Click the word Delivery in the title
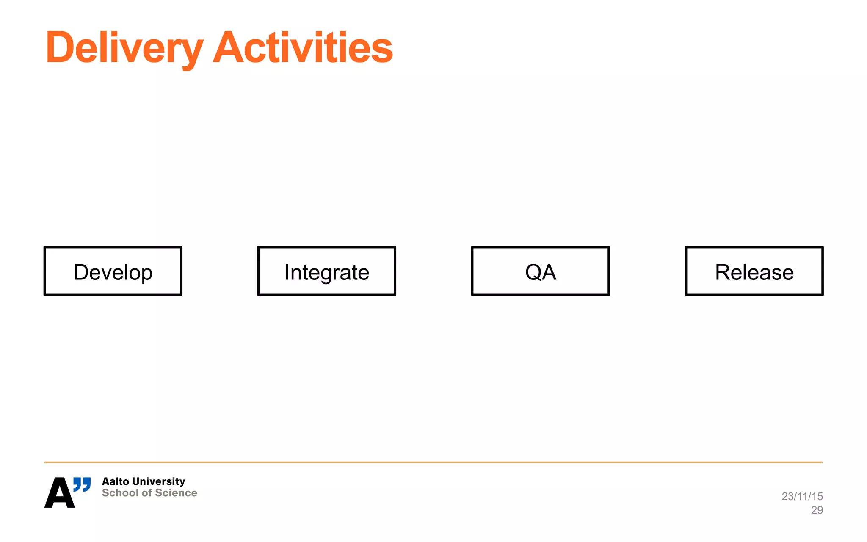(124, 47)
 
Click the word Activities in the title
(303, 47)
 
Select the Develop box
(113, 271)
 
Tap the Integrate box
(326, 271)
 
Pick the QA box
(540, 271)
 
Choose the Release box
(754, 271)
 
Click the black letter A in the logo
(60, 493)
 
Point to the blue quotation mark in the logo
(82, 484)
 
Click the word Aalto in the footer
(115, 481)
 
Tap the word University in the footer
(158, 481)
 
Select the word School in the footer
(120, 493)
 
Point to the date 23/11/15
(802, 496)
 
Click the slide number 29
(817, 510)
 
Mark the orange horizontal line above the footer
(433, 462)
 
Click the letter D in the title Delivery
(59, 47)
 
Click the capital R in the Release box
(723, 272)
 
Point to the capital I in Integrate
(287, 272)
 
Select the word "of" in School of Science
(146, 493)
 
